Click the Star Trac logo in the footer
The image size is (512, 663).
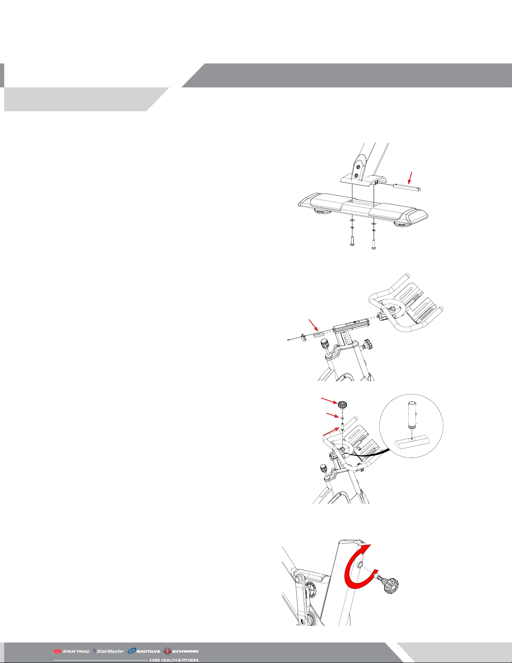[71, 651]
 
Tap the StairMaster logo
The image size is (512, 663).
[109, 651]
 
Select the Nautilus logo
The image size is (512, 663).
[144, 651]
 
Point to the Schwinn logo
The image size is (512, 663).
[181, 651]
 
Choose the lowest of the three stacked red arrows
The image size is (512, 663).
[331, 431]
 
